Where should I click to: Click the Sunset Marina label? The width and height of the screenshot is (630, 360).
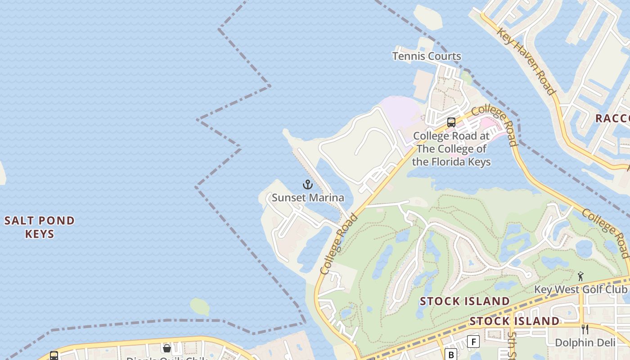coord(308,198)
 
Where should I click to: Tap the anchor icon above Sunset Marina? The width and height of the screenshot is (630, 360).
coord(308,184)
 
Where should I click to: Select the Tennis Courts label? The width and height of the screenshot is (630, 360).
coord(427,56)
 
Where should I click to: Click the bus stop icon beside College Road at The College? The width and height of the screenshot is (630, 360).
coord(451,122)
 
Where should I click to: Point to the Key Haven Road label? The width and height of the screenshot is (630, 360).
coord(526,61)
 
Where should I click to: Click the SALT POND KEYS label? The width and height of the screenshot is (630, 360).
coord(40,227)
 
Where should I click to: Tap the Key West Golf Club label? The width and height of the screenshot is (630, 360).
coord(580,289)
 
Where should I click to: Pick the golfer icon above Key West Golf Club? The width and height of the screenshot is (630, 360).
coord(580,276)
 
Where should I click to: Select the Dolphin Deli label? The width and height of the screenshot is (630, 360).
coord(585,342)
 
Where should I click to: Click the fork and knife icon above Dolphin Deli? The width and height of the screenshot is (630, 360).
coord(585,329)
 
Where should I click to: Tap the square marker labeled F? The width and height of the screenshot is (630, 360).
coord(473,342)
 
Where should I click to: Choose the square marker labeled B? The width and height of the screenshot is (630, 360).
coord(450,354)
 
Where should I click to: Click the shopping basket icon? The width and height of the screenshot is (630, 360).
coord(167,348)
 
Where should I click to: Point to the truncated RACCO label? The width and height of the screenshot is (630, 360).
coord(612,118)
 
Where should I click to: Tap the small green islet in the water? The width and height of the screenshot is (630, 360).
coord(199,306)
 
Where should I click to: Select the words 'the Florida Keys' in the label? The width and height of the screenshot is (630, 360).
coord(451,162)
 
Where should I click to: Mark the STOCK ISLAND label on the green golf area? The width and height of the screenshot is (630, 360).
coord(465,301)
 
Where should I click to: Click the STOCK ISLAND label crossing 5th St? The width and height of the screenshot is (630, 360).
coord(514,321)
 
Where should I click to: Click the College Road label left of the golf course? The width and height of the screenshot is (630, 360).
coord(339,244)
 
